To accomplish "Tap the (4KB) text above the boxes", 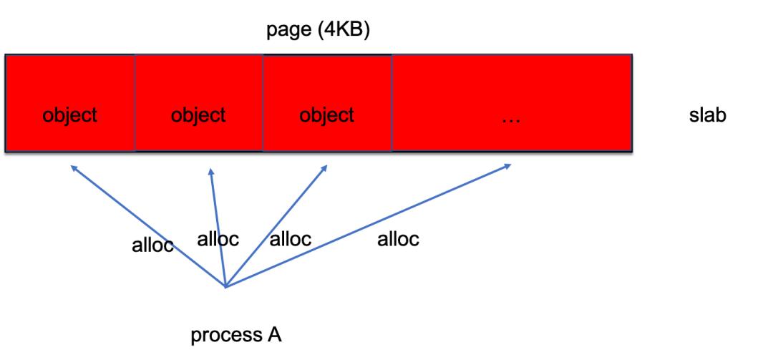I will tap(342, 33).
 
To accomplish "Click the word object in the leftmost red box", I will tap(70, 115).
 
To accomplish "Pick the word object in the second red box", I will tap(199, 115).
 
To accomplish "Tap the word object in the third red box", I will tap(327, 115).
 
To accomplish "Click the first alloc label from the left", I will tap(152, 245).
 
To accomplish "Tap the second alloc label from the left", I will tap(218, 240).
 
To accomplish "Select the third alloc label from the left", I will tap(291, 240).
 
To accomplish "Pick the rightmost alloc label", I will tap(398, 240).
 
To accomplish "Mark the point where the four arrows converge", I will tap(225, 287).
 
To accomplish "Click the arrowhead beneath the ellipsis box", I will tap(507, 166).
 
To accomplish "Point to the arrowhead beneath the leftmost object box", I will tap(74, 168).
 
